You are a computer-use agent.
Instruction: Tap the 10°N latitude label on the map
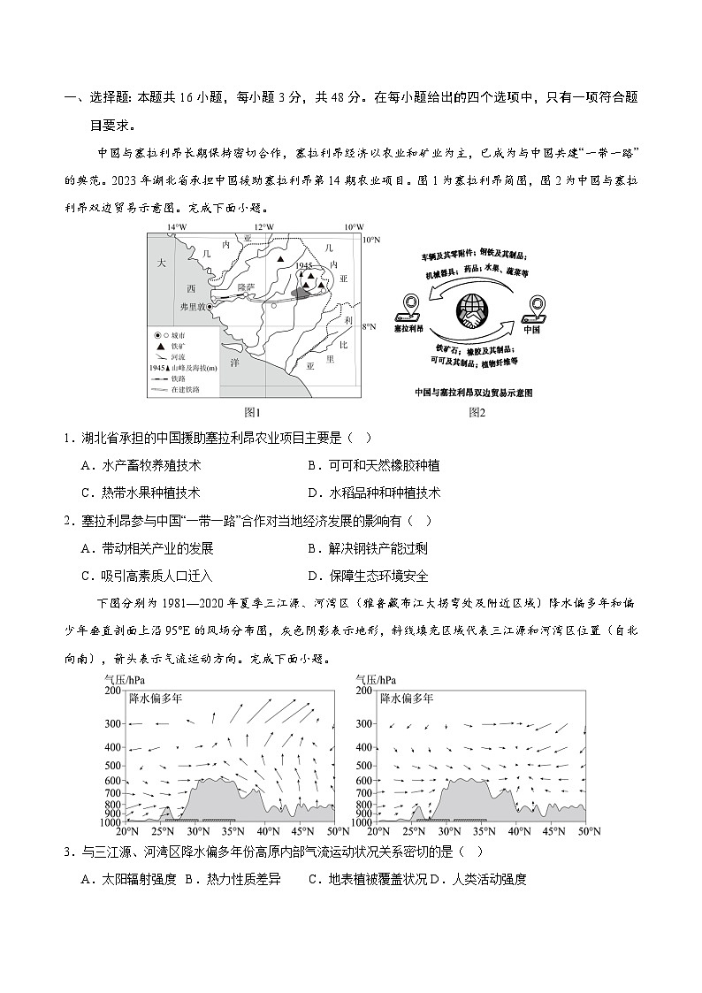click(372, 240)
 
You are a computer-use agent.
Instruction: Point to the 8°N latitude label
click(372, 326)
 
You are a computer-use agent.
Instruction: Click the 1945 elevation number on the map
click(305, 265)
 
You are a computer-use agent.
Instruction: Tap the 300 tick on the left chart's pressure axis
click(112, 724)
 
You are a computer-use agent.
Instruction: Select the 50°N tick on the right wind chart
click(588, 831)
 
